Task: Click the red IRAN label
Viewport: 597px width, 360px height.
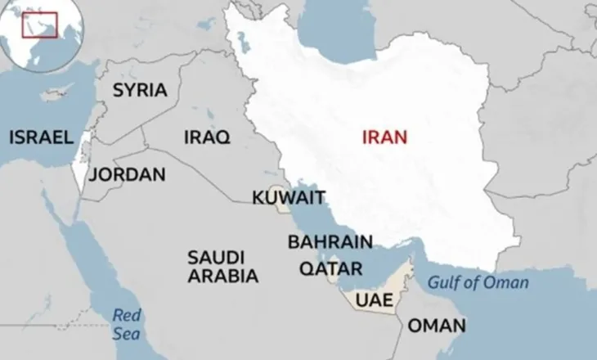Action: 384,137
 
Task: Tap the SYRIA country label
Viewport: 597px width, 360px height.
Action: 139,90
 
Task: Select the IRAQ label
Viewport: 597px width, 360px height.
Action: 207,136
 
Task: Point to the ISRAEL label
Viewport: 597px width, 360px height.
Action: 42,137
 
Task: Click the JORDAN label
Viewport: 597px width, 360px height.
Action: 127,174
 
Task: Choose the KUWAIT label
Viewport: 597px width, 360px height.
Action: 289,197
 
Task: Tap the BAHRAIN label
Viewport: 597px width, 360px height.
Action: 330,241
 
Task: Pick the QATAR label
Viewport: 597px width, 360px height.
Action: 330,268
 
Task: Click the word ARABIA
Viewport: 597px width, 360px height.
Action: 222,276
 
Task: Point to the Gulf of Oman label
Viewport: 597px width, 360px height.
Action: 478,283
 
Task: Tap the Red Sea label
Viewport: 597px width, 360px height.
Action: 127,323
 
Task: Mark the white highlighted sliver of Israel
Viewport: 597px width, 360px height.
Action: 79,164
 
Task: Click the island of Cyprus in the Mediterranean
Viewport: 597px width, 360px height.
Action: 56,95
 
